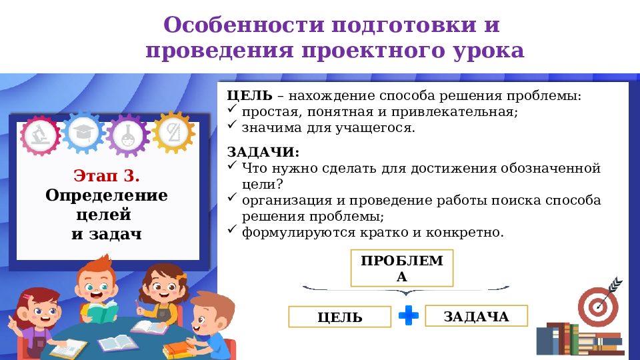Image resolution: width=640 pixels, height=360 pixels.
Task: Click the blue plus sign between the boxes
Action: (408, 316)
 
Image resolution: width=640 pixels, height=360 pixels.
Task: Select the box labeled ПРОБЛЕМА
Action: (401, 269)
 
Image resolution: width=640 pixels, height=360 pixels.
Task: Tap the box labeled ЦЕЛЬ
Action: (339, 317)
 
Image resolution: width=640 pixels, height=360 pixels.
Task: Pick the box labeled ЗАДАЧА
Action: (476, 316)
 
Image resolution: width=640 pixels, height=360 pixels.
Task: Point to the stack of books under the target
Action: (579, 340)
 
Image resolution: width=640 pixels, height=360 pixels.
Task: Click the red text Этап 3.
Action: (107, 177)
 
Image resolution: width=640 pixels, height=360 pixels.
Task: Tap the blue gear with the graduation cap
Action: (85, 131)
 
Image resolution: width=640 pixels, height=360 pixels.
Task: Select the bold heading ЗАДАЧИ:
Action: (263, 153)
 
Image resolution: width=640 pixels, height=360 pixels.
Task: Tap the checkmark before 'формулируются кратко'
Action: (232, 230)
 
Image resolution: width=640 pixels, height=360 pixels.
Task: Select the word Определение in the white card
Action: (107, 196)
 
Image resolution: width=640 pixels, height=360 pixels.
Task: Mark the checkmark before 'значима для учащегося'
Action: (232, 125)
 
